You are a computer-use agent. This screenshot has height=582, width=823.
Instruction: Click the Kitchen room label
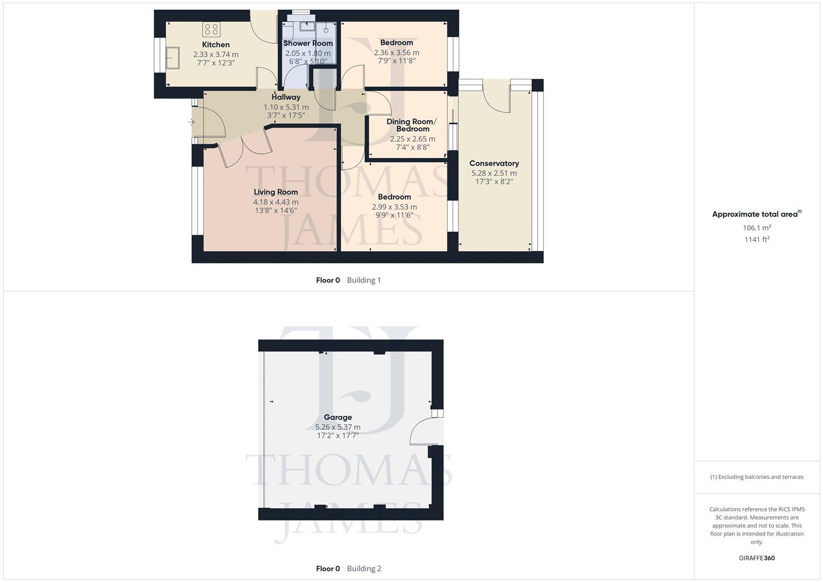click(216, 45)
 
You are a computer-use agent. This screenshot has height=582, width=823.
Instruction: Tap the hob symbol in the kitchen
click(211, 29)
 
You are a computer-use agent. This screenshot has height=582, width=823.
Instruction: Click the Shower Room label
click(308, 43)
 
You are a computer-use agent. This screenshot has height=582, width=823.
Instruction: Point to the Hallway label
click(286, 97)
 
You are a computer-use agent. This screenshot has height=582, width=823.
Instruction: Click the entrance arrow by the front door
click(191, 122)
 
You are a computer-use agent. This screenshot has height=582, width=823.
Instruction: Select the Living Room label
click(275, 192)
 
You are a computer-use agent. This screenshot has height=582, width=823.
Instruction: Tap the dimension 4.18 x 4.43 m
click(275, 202)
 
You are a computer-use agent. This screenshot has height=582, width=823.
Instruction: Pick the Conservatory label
click(494, 163)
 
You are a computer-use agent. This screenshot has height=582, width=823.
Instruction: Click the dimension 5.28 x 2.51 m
click(494, 173)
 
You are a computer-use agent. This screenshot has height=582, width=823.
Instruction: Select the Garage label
click(337, 417)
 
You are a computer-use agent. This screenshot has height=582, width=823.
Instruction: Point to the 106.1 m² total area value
click(757, 228)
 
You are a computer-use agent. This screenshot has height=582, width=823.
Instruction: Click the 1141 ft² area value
click(757, 239)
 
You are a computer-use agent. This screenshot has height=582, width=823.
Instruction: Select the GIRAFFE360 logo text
click(757, 558)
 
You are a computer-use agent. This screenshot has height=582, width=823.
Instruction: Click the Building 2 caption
click(364, 569)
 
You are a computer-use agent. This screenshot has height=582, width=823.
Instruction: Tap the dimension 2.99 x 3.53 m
click(394, 206)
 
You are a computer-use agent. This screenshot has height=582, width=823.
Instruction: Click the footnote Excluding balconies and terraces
click(757, 477)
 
